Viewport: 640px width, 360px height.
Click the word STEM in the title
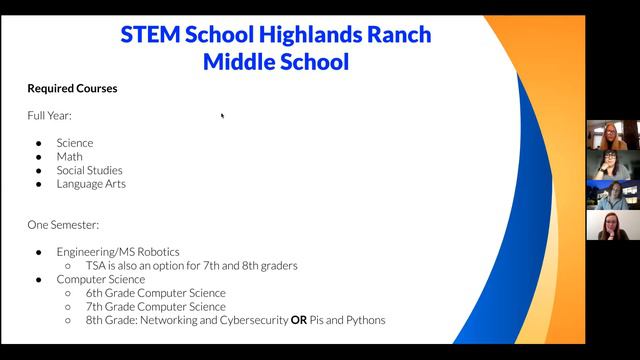[150, 34]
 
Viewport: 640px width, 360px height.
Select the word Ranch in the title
[399, 34]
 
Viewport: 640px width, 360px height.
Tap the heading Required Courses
[72, 89]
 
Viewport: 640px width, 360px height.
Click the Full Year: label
[49, 116]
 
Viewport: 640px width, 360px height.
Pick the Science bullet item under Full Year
[75, 143]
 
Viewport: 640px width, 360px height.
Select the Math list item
[69, 157]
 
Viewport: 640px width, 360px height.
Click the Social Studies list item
[89, 170]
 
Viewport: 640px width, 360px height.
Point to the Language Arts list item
[91, 184]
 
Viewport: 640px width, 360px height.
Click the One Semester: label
[63, 225]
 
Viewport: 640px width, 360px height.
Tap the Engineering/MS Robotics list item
[118, 252]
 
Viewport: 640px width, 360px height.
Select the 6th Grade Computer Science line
[156, 293]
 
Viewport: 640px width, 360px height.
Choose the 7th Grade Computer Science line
[156, 307]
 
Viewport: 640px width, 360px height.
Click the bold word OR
[299, 320]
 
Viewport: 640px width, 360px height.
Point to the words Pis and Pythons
[347, 320]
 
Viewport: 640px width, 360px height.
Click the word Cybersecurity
[254, 320]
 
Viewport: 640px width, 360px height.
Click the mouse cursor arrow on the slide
[222, 116]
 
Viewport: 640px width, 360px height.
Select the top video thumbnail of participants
[613, 135]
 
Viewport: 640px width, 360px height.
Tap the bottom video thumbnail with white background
[613, 225]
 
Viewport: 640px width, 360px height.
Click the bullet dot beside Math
[39, 157]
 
